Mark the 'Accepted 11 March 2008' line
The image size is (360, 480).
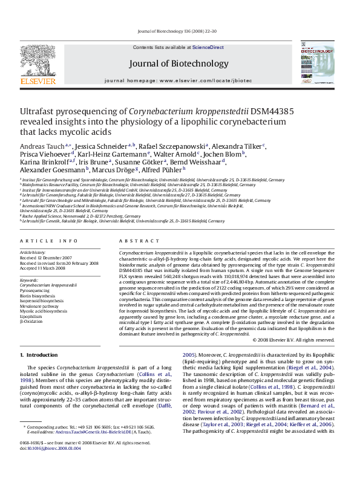(44, 268)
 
